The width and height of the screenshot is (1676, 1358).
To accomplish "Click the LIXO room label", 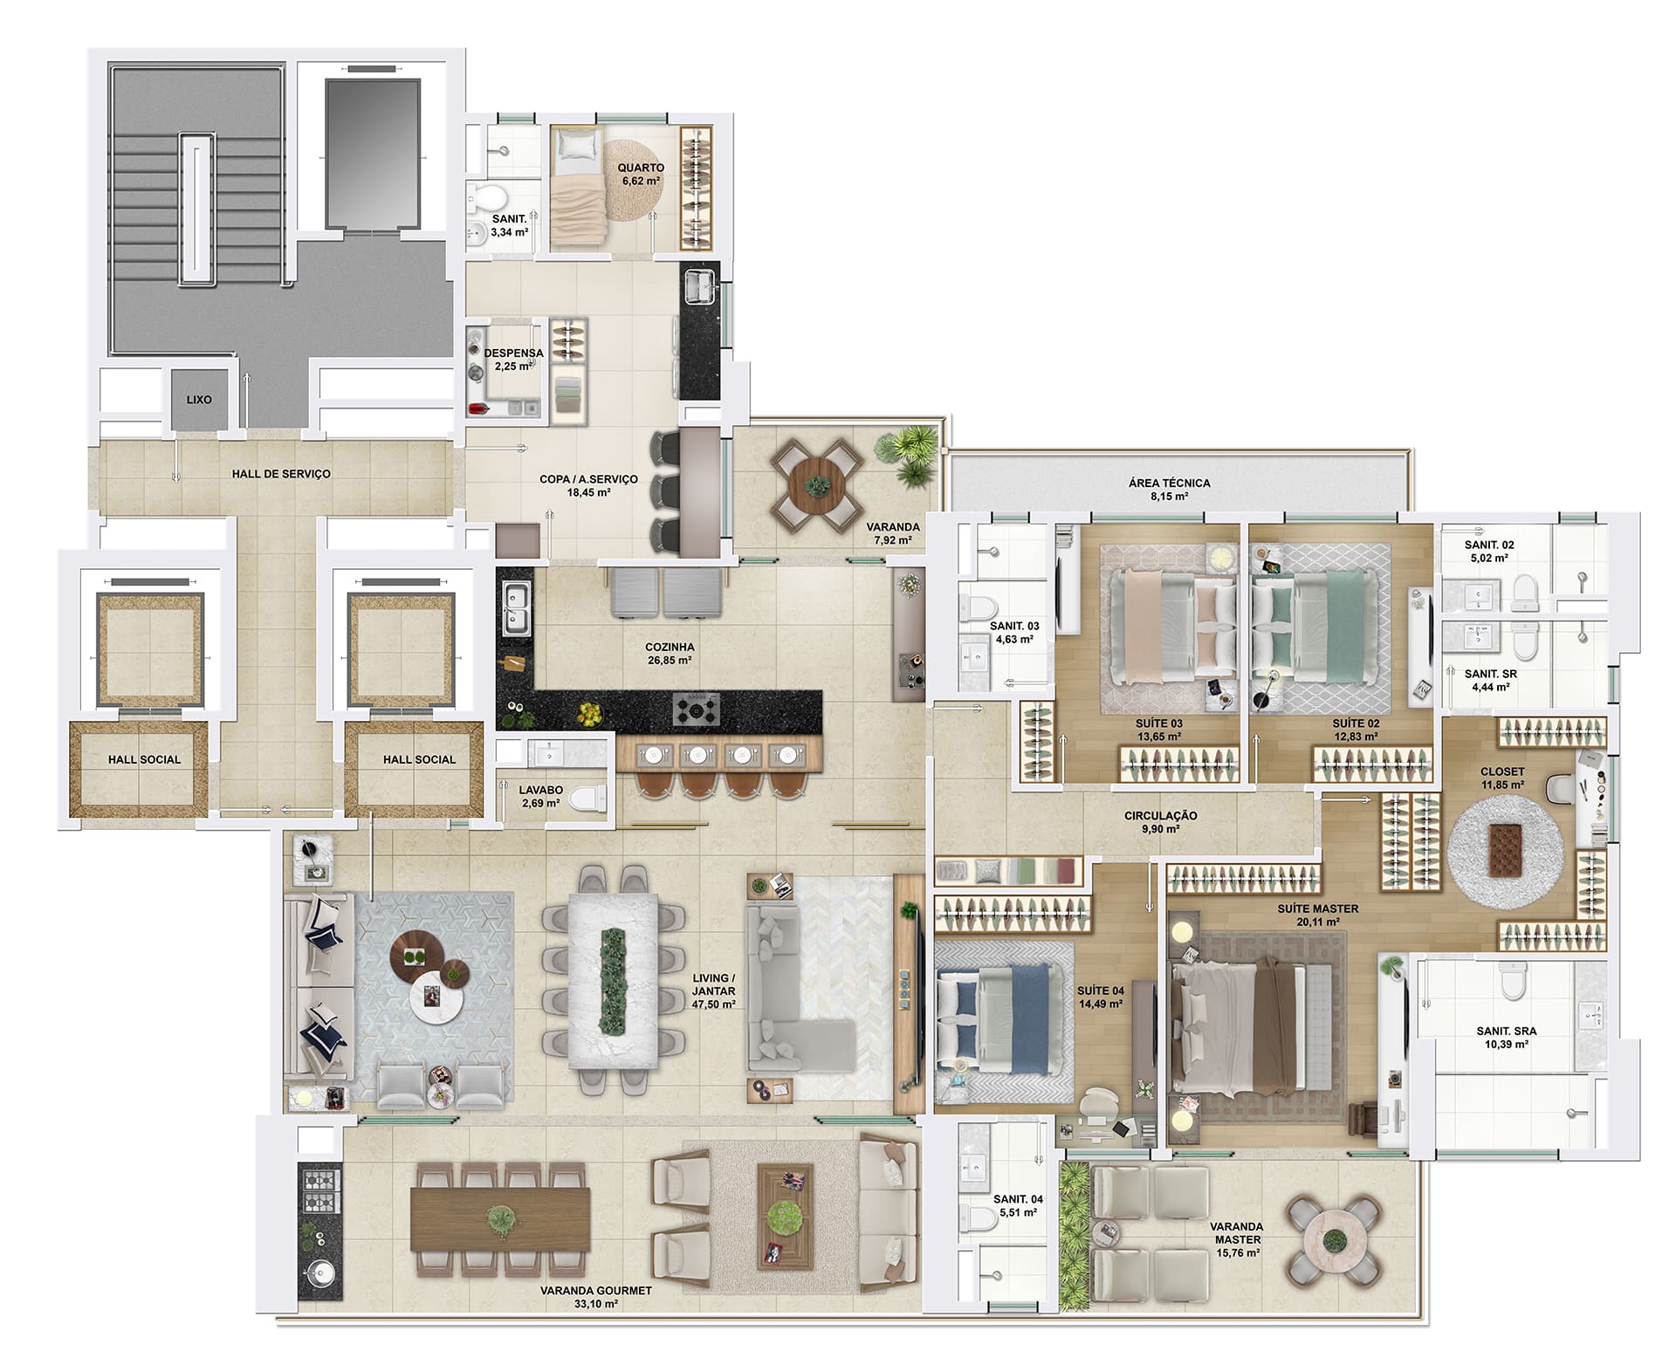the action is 199,400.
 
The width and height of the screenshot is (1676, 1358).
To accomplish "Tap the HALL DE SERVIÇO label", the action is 281,474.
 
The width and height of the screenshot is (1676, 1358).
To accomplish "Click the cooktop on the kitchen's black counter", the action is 697,710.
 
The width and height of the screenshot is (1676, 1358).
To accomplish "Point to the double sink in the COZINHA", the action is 515,608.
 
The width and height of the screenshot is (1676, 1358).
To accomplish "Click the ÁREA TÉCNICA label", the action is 1170,483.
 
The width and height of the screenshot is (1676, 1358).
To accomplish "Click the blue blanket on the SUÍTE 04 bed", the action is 1029,1019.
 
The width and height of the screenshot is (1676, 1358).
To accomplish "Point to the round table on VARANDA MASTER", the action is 1333,1239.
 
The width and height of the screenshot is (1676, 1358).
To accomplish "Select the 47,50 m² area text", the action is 714,1004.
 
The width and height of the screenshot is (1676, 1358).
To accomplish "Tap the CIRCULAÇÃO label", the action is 1160,816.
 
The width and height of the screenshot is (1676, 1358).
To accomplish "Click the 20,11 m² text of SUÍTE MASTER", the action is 1317,922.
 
